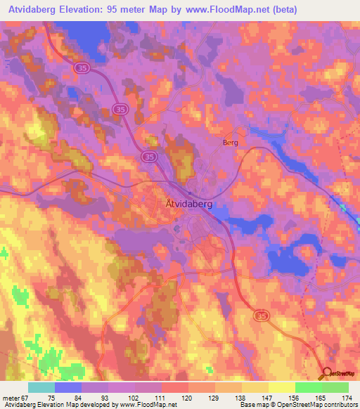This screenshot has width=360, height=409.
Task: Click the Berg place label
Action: [x=230, y=142]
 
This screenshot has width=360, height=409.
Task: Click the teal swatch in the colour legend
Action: [x=41, y=387]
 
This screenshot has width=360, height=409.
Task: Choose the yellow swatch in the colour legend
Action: [x=282, y=387]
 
